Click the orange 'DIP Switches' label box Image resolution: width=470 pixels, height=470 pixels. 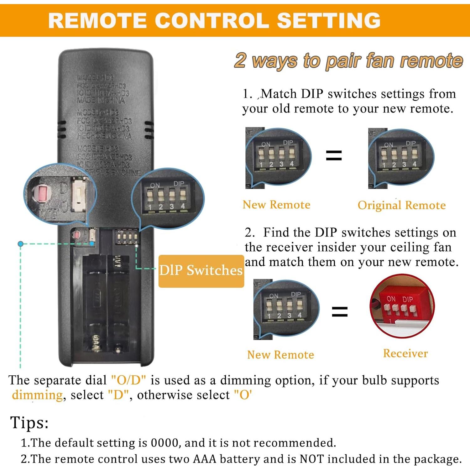click(x=201, y=271)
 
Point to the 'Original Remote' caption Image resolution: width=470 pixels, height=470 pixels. click(x=401, y=205)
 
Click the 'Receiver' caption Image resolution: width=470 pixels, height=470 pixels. click(x=405, y=353)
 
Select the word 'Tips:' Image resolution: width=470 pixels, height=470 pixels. click(x=29, y=422)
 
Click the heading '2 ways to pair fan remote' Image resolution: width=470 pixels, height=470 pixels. click(x=348, y=60)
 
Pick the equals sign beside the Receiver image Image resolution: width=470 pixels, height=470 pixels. click(x=340, y=311)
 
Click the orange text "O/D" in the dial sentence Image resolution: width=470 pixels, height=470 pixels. click(x=128, y=380)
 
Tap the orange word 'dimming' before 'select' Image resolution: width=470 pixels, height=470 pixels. click(x=37, y=395)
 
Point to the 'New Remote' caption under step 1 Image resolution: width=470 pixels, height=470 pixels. click(x=276, y=205)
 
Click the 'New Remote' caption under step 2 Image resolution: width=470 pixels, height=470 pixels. click(x=280, y=355)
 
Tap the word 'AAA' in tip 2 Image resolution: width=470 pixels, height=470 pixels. click(x=205, y=459)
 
